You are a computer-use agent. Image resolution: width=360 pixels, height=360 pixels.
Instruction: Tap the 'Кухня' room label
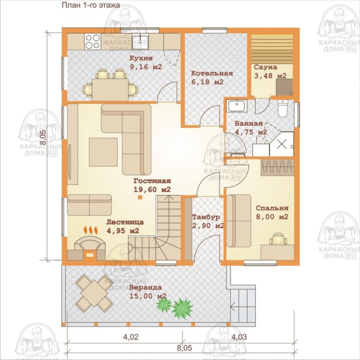click(141, 58)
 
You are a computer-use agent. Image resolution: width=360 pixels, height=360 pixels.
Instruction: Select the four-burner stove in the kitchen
click(92, 41)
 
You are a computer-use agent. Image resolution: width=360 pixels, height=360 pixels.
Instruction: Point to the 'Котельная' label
click(212, 74)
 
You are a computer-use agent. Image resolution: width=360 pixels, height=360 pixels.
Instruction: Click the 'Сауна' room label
click(265, 67)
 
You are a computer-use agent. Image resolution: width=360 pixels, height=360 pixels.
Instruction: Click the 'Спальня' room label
click(272, 208)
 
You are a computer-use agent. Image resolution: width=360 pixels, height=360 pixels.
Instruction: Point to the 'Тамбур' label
click(206, 217)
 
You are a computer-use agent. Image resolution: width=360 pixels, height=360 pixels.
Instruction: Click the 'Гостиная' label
click(152, 181)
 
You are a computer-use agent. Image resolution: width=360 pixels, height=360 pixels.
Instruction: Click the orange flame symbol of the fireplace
click(90, 231)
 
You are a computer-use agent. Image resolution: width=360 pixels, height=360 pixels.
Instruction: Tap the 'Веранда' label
click(146, 287)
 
